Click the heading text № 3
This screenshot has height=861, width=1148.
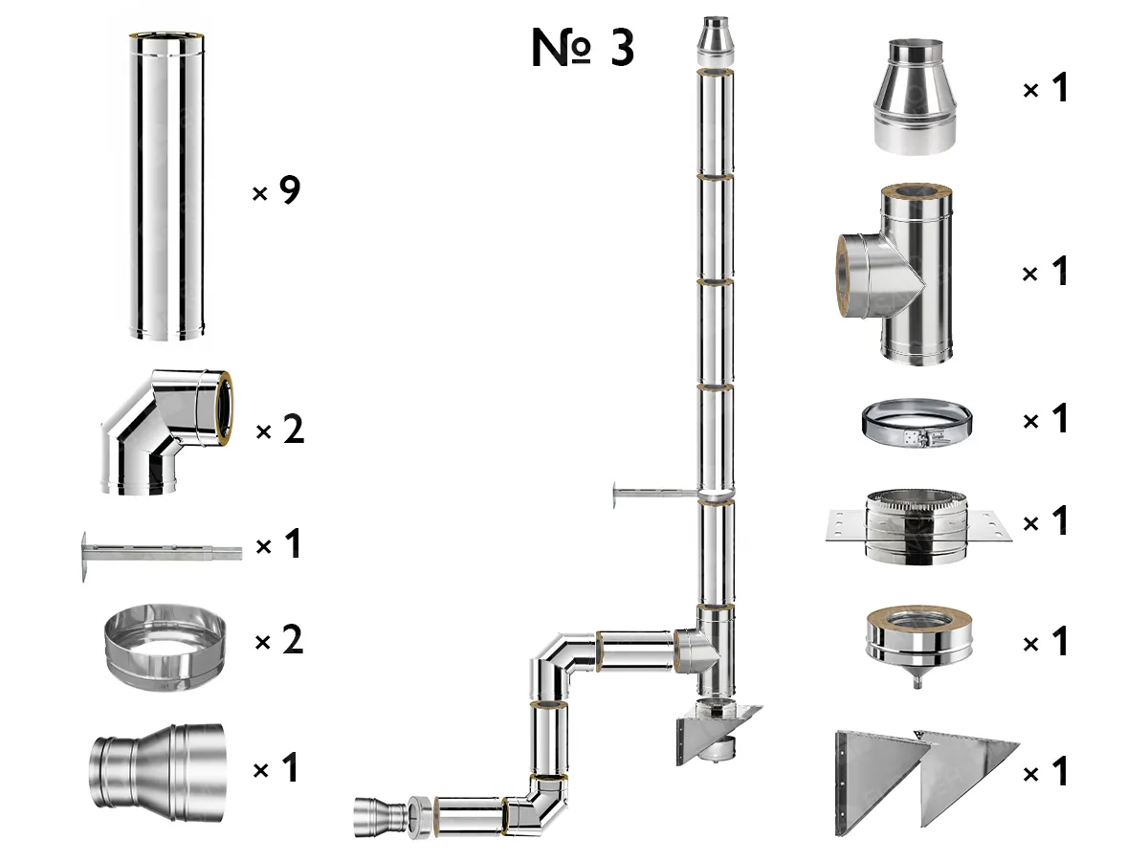point(583,48)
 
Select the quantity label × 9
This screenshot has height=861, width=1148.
point(276,192)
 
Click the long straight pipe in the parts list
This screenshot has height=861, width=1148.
point(166,187)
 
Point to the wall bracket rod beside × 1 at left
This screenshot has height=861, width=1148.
point(164,553)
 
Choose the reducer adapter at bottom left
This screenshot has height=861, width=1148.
point(158,773)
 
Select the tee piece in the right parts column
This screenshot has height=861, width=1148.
point(899,277)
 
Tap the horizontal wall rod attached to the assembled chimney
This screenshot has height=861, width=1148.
point(651,495)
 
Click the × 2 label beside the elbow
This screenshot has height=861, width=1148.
point(279,431)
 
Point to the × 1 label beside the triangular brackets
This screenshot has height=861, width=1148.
point(1045,772)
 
